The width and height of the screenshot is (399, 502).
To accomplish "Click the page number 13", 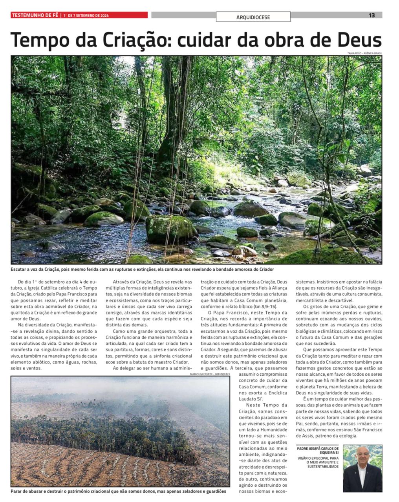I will click(372, 15).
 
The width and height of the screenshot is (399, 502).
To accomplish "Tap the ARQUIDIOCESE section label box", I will click(253, 17).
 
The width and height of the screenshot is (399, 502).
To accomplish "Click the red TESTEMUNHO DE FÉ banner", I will click(35, 15).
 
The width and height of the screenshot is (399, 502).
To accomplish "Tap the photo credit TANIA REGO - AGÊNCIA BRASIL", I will click(364, 53).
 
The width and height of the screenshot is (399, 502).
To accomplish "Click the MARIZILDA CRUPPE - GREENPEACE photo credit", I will click(210, 374).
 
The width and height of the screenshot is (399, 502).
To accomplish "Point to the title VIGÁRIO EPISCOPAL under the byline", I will click(318, 458).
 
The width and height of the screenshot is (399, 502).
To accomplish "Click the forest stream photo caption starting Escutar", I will click(142, 269).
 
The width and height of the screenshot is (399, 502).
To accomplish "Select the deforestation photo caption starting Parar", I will click(113, 491).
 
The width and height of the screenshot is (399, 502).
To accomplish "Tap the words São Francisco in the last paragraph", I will click(366, 430).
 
